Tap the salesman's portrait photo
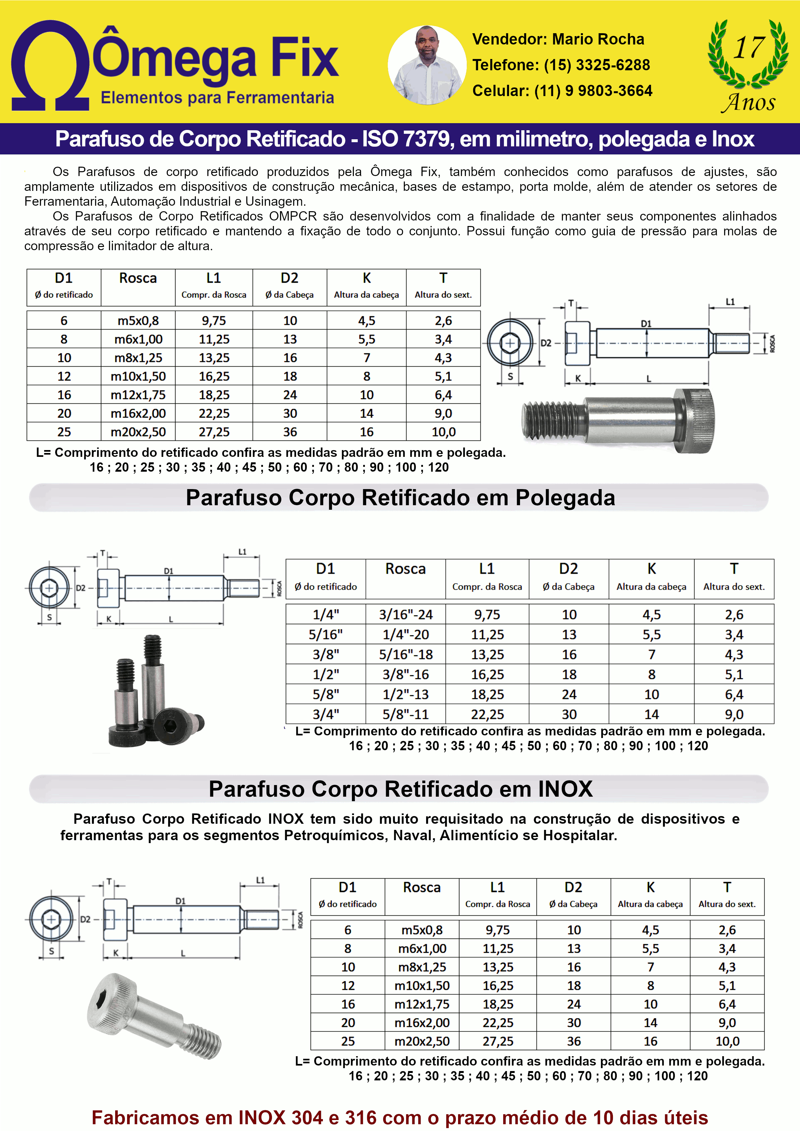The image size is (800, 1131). click(427, 65)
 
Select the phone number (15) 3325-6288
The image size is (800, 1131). click(596, 65)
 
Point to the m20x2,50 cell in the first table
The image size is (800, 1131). click(138, 432)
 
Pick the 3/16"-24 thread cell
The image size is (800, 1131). click(406, 615)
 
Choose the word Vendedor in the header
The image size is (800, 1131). click(509, 39)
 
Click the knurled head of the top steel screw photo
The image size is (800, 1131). click(695, 420)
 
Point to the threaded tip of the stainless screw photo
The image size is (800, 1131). click(205, 1042)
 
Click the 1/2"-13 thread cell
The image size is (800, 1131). click(406, 694)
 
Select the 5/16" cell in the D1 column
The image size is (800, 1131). click(326, 634)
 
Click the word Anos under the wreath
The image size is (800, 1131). click(749, 103)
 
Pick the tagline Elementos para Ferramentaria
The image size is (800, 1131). click(217, 98)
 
